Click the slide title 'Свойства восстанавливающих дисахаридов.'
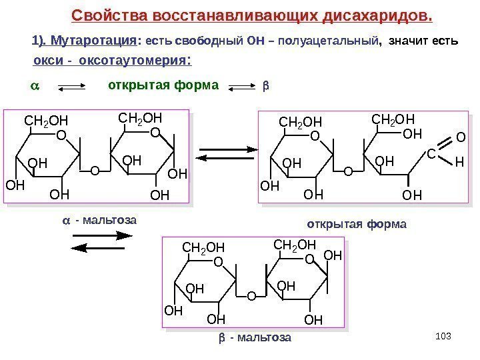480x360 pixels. click(x=252, y=15)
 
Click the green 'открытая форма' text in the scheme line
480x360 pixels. click(x=163, y=86)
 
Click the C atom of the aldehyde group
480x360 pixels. click(x=431, y=154)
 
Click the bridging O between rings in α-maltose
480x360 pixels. click(x=93, y=171)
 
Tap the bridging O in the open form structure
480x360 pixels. click(x=347, y=171)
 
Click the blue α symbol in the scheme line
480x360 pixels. click(x=37, y=87)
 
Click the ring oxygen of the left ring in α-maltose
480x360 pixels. click(x=61, y=135)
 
